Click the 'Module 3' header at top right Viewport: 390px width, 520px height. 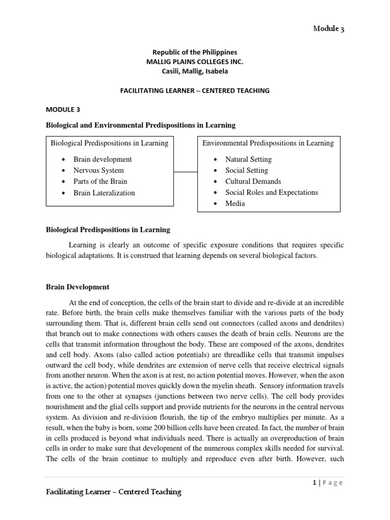click(x=328, y=29)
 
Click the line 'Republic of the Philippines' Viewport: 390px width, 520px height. click(x=194, y=52)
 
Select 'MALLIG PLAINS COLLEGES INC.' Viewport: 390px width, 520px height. click(x=194, y=61)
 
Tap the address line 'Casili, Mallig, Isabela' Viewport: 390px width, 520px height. click(x=194, y=71)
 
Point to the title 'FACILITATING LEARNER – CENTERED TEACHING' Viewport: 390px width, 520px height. click(x=194, y=90)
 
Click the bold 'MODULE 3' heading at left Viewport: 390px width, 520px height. click(x=63, y=109)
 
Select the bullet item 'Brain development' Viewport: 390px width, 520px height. click(x=103, y=159)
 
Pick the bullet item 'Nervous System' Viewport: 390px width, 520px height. click(x=99, y=171)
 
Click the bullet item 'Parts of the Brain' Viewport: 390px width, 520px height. click(x=100, y=181)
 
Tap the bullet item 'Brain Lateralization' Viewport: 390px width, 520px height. click(x=104, y=193)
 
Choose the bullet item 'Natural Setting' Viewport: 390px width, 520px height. click(x=249, y=159)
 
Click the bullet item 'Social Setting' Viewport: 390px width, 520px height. click(x=247, y=171)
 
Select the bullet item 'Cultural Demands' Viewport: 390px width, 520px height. click(x=253, y=181)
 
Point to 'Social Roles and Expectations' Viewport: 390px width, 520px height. click(x=272, y=192)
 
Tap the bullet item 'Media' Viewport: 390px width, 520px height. click(x=235, y=204)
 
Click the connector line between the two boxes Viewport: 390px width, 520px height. click(x=185, y=172)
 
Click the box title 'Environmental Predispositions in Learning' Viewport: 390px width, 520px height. click(x=268, y=143)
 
